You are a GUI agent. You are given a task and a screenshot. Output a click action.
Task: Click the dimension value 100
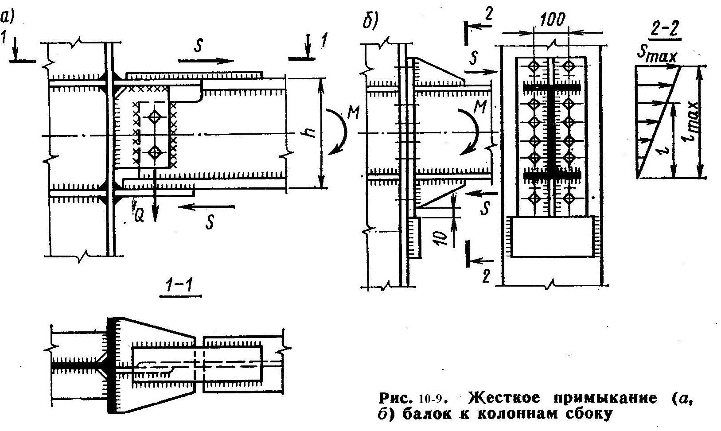click(552, 20)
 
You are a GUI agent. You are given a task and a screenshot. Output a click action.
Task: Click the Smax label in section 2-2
click(657, 57)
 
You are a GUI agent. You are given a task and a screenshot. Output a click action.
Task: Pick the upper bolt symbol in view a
click(155, 117)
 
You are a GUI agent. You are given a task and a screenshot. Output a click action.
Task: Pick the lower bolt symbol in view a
click(155, 152)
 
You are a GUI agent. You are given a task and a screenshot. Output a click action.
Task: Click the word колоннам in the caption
click(517, 414)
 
